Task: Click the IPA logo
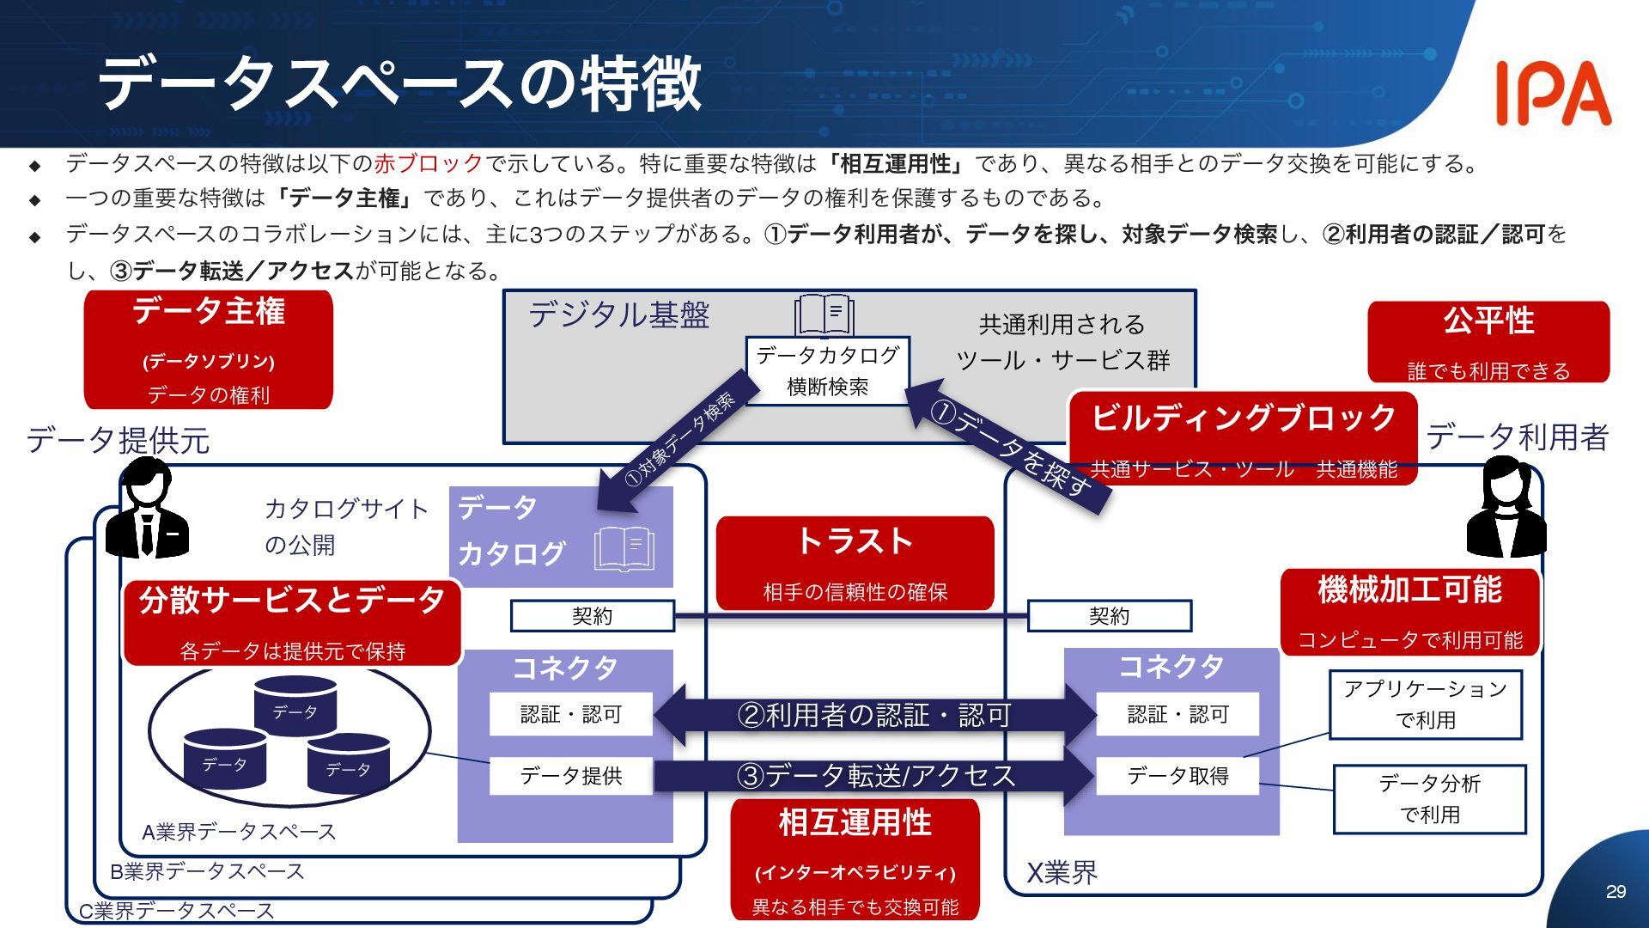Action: [1553, 93]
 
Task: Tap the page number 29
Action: [1616, 892]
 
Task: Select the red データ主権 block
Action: [208, 350]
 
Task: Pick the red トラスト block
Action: [855, 563]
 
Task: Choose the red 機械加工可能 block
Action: [1409, 612]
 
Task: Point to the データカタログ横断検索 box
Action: [827, 370]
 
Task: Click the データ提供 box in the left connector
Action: [571, 776]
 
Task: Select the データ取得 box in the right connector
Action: [1177, 776]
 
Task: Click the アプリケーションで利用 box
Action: [1426, 705]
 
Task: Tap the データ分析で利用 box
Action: [1429, 799]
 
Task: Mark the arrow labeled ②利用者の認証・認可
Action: [874, 714]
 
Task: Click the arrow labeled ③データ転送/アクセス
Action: [874, 776]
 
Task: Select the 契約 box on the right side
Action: [1109, 616]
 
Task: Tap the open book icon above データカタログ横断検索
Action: [824, 315]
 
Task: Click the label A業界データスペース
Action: [239, 832]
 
